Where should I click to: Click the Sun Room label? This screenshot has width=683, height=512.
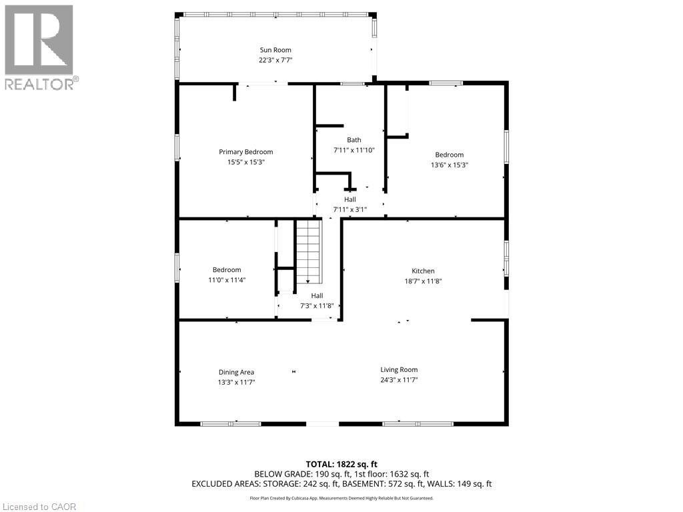click(275, 50)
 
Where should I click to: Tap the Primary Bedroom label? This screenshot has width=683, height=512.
click(246, 152)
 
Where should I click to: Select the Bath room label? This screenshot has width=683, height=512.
click(354, 140)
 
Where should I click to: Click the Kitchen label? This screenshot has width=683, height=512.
click(423, 271)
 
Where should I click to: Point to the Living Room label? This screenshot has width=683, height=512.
click(399, 370)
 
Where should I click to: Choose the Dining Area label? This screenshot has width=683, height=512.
click(237, 372)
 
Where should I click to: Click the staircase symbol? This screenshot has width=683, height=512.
click(309, 252)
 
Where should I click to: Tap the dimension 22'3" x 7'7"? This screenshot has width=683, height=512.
click(275, 60)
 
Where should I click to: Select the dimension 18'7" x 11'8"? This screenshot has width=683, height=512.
click(423, 281)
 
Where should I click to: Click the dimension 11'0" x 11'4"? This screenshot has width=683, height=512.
click(227, 280)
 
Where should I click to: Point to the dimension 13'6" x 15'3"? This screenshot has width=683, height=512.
click(449, 165)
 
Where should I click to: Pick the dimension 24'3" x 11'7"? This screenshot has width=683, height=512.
click(399, 380)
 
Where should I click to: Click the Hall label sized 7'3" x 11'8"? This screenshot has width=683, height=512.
click(317, 295)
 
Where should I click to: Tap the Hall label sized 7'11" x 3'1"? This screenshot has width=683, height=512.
click(350, 199)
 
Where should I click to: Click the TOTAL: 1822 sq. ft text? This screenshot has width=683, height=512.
click(341, 463)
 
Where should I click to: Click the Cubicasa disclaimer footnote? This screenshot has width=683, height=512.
click(341, 498)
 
